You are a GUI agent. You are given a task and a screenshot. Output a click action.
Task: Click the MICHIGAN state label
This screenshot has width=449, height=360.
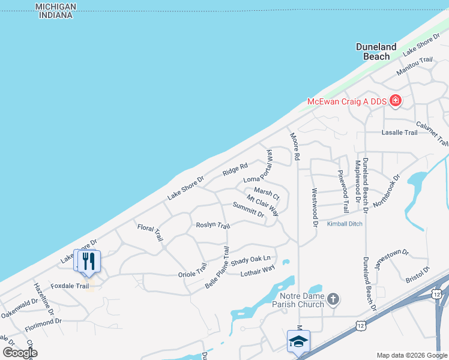click(x=56, y=6)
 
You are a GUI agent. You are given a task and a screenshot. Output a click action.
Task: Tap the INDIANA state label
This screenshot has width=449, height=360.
click(x=56, y=15)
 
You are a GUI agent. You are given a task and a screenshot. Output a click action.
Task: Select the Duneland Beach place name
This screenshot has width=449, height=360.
click(x=376, y=52)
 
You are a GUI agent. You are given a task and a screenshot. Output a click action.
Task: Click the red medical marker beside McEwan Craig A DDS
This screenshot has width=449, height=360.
click(x=395, y=101)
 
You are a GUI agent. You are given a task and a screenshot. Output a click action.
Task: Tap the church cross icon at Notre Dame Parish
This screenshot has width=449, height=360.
click(x=334, y=299)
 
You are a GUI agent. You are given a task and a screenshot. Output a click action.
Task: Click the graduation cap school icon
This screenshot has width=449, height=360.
click(x=298, y=341)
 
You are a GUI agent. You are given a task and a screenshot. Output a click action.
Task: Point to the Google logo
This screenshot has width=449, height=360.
click(x=20, y=353)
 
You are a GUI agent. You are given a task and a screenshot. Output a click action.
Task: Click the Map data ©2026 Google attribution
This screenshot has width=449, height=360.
click(x=412, y=355)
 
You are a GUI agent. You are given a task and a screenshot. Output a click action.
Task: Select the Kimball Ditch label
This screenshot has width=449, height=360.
click(x=345, y=224)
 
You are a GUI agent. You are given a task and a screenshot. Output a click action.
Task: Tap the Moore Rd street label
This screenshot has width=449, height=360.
click(x=294, y=148)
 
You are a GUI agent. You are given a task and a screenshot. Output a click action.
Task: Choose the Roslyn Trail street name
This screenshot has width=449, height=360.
click(x=213, y=226)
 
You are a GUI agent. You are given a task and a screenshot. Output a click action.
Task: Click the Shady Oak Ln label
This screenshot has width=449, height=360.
click(x=251, y=260)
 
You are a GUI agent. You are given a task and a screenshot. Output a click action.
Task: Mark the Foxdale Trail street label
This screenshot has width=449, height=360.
click(x=70, y=286)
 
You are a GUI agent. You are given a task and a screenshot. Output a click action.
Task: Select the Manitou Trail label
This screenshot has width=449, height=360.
click(x=414, y=66)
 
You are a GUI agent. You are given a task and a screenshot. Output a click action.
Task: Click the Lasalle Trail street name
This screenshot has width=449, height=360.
click(x=399, y=132)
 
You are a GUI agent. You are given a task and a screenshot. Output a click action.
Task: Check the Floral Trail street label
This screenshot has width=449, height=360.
click(x=150, y=233)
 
